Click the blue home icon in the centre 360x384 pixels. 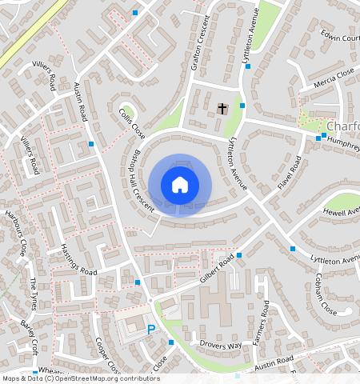click(x=180, y=185)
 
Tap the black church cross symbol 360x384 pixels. click(x=223, y=108)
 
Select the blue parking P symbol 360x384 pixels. click(x=150, y=329)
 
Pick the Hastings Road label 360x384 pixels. click(x=78, y=261)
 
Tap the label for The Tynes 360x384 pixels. click(x=34, y=294)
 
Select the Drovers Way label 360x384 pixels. click(x=221, y=346)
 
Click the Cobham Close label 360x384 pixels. click(x=326, y=294)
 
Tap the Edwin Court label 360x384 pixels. click(x=339, y=38)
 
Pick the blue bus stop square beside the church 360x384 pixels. click(x=242, y=105)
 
